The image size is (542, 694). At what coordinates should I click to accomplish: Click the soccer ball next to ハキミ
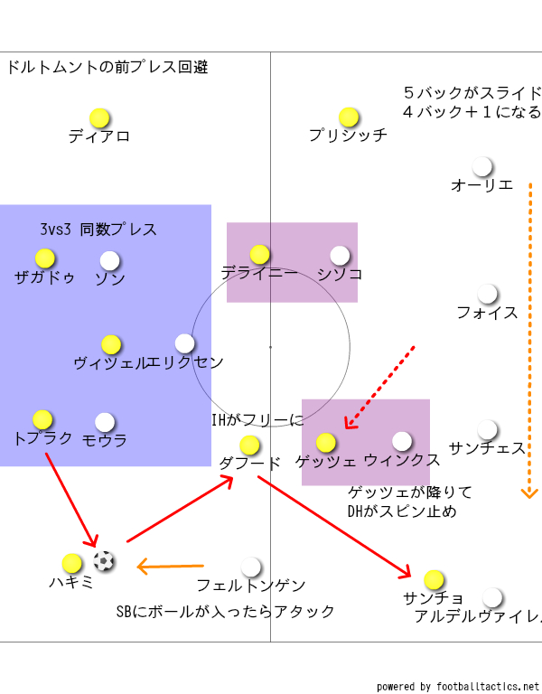(x=105, y=561)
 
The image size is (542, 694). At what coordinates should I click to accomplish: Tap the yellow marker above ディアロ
(x=99, y=118)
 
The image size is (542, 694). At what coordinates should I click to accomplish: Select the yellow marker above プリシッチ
(x=349, y=117)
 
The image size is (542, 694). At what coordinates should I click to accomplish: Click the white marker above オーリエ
(x=482, y=167)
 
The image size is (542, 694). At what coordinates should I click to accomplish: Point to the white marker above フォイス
(x=488, y=295)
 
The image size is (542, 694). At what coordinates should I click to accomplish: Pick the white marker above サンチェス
(x=488, y=429)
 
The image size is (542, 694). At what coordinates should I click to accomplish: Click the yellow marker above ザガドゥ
(x=45, y=258)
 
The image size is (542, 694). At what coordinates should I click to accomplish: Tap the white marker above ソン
(x=109, y=260)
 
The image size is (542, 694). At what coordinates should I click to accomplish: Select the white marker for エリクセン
(x=184, y=343)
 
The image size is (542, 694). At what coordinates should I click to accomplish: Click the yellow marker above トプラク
(x=42, y=419)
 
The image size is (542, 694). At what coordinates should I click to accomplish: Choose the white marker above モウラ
(x=105, y=422)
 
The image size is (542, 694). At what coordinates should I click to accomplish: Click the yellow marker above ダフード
(x=249, y=445)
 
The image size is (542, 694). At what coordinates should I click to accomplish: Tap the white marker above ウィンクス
(x=402, y=441)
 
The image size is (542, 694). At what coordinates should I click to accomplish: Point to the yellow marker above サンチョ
(x=434, y=579)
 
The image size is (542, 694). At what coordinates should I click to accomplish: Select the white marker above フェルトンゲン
(x=251, y=567)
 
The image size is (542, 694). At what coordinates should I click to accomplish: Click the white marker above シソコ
(x=340, y=256)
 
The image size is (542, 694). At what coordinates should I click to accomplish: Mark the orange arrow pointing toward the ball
(x=170, y=567)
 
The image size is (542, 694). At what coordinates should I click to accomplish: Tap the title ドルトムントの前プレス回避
(x=107, y=67)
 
